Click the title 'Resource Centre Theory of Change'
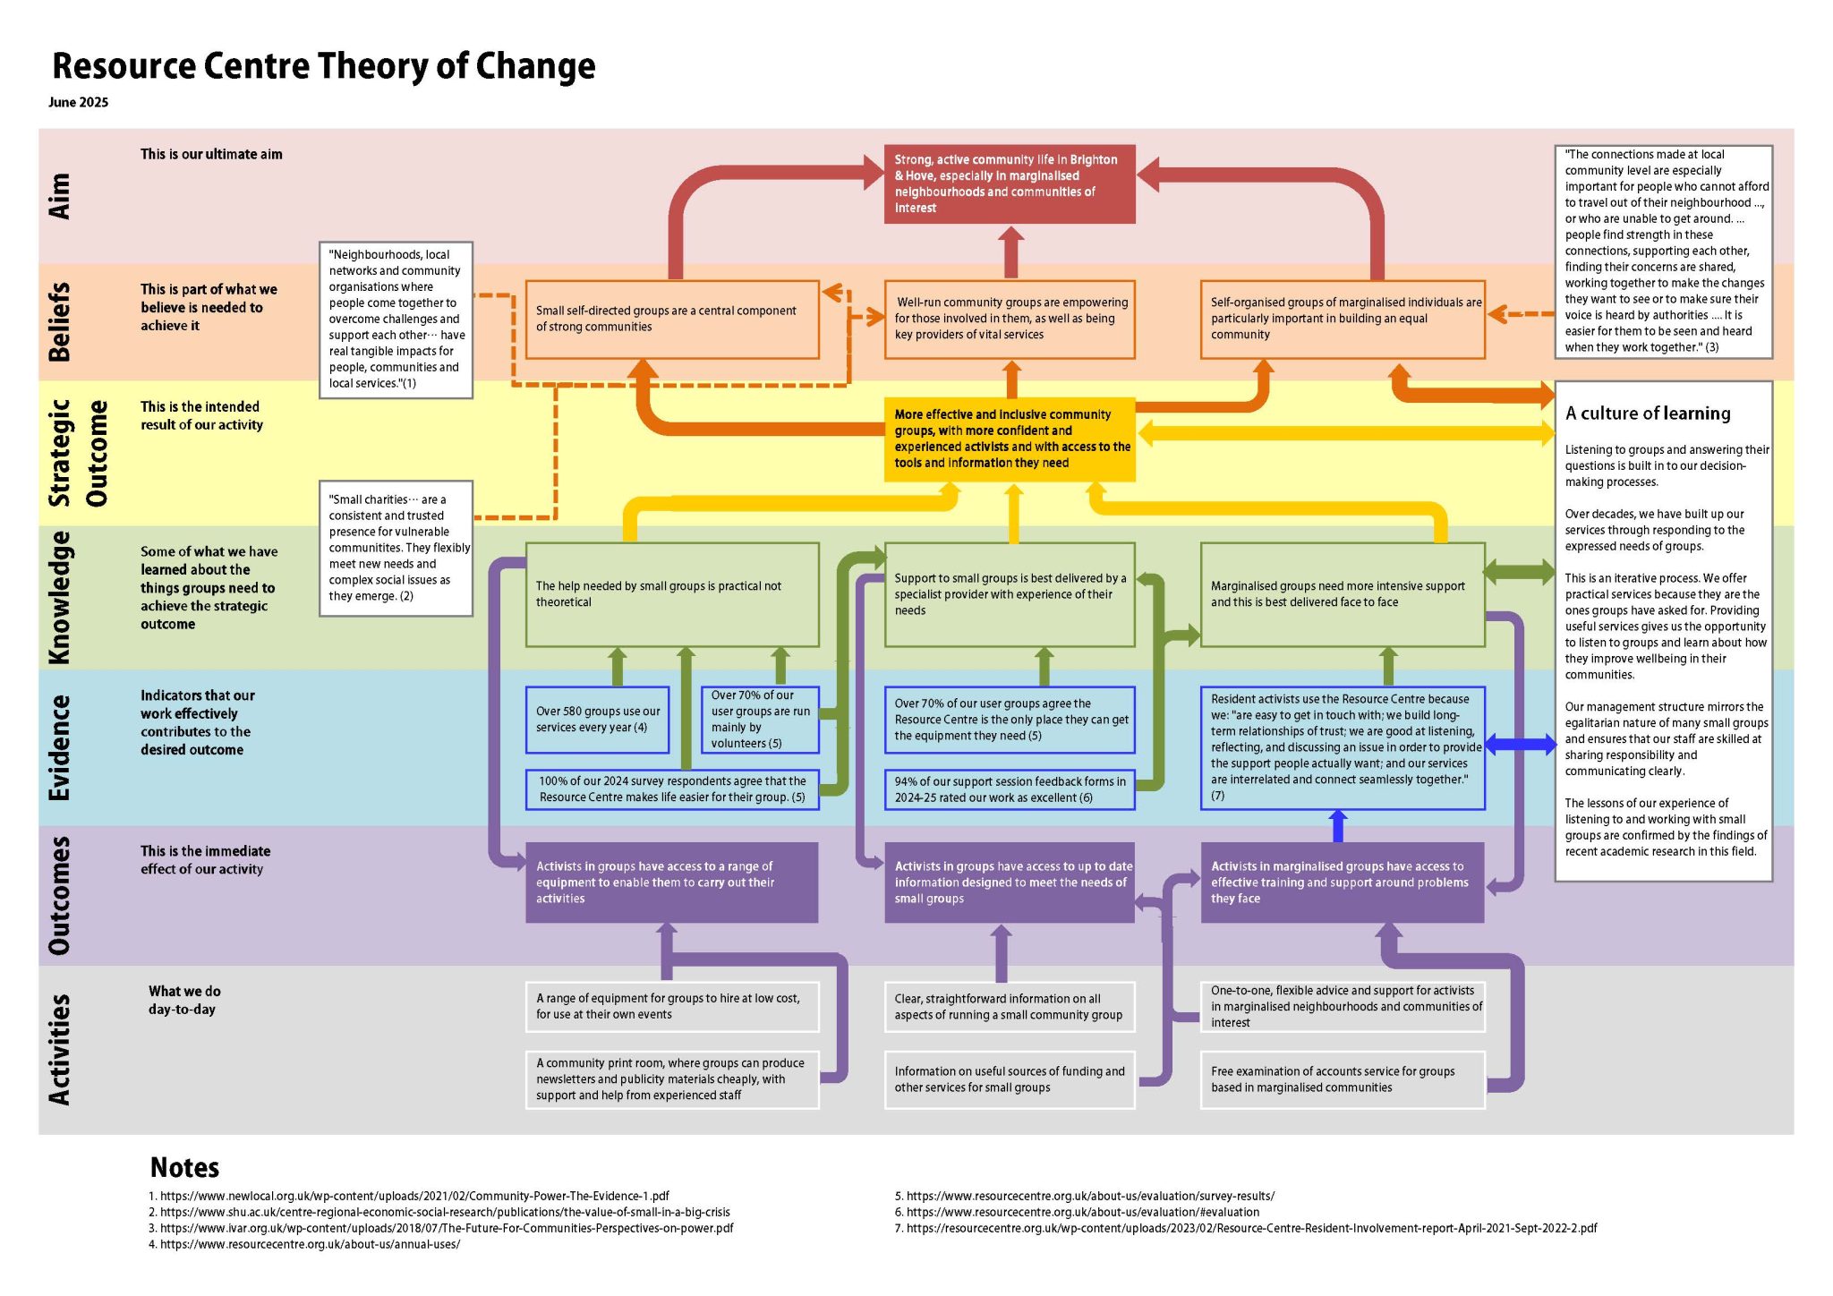323,66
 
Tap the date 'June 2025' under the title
79,102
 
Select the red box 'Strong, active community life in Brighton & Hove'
1010,183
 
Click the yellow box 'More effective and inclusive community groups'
1010,439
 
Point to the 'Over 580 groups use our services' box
598,720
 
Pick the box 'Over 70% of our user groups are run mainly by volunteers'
760,719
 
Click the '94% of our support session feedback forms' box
1010,789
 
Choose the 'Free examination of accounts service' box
1343,1079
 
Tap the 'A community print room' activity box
672,1079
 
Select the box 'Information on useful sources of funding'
1010,1079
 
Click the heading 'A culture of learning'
1648,414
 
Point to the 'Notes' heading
184,1167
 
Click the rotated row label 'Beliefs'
59,322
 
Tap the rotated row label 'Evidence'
59,747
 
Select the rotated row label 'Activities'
59,1049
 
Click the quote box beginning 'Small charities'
396,549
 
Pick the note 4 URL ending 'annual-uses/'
304,1244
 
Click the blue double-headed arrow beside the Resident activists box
1521,745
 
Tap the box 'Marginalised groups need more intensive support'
1343,594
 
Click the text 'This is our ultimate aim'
211,154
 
